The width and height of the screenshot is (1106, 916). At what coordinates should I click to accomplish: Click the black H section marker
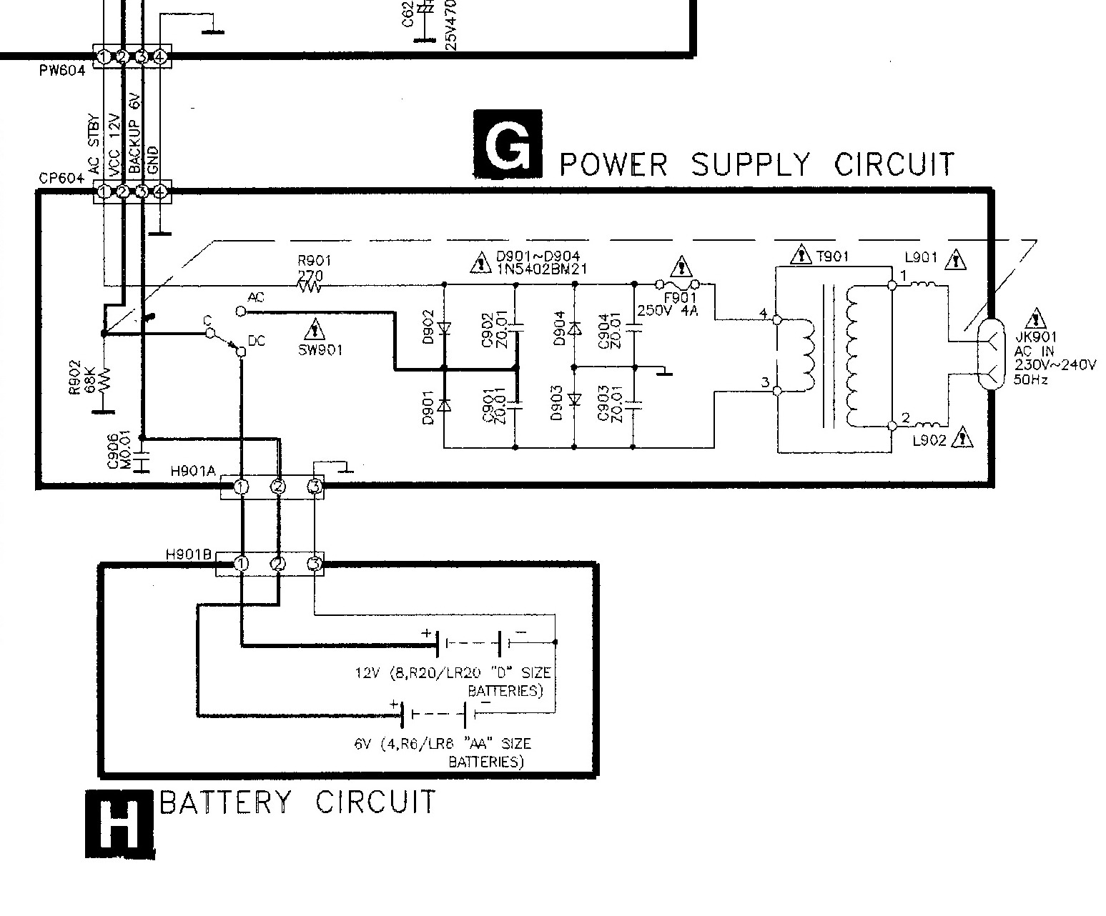coord(119,822)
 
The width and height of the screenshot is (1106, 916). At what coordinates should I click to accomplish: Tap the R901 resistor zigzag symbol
coord(310,287)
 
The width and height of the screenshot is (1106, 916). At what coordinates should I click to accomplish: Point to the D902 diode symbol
coord(444,329)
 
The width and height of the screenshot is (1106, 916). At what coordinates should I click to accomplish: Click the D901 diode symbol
coord(444,405)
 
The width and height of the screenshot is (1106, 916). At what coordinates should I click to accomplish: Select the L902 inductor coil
coord(922,426)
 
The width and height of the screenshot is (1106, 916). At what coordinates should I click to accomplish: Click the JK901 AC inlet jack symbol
coord(990,354)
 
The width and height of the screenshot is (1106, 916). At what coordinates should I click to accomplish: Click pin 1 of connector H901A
coord(242,487)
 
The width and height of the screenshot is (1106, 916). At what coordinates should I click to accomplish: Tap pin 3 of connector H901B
coord(314,564)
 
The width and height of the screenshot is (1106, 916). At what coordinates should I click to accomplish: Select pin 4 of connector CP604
coord(160,191)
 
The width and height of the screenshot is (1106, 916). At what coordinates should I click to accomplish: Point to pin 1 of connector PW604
coord(104,56)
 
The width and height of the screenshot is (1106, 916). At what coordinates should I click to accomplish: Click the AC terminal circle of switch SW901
coord(240,312)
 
